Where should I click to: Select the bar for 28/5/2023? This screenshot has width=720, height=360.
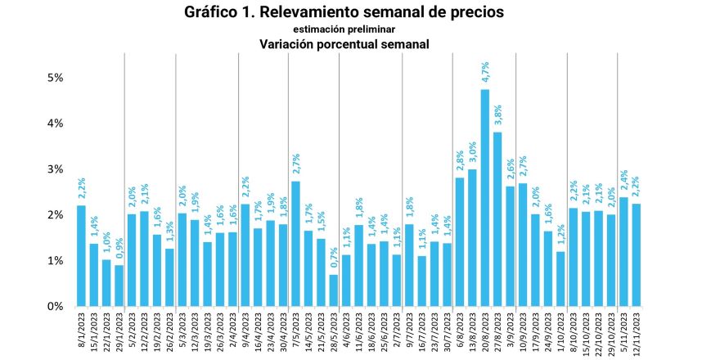[x=334, y=290]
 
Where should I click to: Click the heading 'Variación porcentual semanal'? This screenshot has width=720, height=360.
[x=344, y=44]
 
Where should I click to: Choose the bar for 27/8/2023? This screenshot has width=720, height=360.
[x=497, y=219]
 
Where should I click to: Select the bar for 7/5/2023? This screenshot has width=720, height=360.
[x=296, y=244]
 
